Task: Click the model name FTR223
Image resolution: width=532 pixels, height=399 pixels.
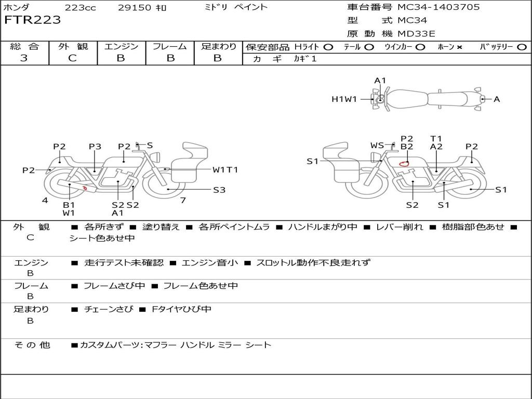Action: [x=32, y=20]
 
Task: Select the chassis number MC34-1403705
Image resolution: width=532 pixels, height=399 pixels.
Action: [x=438, y=7]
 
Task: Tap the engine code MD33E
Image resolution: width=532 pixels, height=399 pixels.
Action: [x=416, y=34]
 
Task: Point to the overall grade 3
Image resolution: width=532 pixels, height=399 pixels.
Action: [x=24, y=58]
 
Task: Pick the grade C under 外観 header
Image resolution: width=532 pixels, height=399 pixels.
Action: [x=72, y=58]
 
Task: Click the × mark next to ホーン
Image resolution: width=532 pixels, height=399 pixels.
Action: [x=459, y=47]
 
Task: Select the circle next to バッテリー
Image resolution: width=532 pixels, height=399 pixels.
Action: [x=522, y=47]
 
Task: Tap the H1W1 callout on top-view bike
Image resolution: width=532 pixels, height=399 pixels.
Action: [x=344, y=99]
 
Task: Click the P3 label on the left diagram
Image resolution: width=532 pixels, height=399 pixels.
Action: [x=95, y=147]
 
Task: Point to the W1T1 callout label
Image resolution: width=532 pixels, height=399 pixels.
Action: [x=225, y=170]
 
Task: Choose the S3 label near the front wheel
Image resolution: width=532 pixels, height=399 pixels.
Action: [x=219, y=190]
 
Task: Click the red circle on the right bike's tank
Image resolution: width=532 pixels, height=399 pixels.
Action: [x=404, y=164]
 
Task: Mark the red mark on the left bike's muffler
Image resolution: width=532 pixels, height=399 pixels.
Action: [x=85, y=188]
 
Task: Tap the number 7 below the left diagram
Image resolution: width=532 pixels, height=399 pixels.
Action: [x=183, y=200]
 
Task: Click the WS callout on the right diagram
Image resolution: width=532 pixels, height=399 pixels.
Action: [x=377, y=145]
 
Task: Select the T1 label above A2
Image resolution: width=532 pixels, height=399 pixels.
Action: [x=436, y=138]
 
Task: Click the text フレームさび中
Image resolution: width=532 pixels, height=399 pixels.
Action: [x=114, y=286]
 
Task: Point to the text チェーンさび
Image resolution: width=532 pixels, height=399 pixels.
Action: [x=109, y=309]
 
